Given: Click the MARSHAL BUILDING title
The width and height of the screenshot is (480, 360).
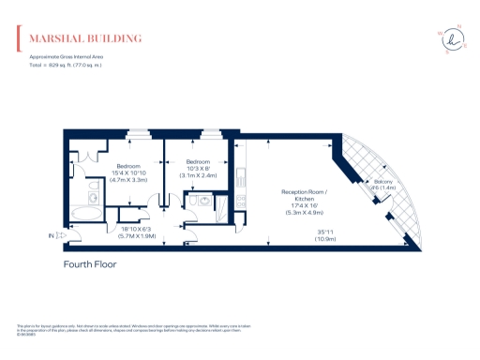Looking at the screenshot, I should click(x=86, y=38).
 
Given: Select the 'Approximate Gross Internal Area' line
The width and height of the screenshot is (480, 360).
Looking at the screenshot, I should click(x=58, y=59).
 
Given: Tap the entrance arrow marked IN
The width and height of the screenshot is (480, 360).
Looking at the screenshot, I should click(x=58, y=236).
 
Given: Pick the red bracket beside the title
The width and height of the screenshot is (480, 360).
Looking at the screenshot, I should click(x=18, y=38).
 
